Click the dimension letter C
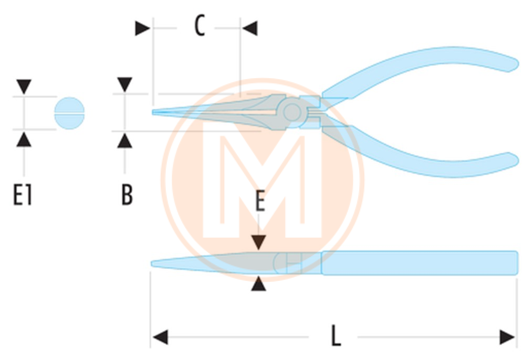pyautogui.click(x=199, y=26)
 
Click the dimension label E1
pyautogui.click(x=23, y=195)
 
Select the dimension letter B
pyautogui.click(x=127, y=195)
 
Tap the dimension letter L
pyautogui.click(x=336, y=335)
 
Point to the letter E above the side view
pyautogui.click(x=260, y=201)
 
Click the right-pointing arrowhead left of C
pyautogui.click(x=143, y=28)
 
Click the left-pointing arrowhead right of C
pyautogui.click(x=250, y=28)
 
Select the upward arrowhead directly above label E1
pyautogui.click(x=24, y=140)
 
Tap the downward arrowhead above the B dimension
pyautogui.click(x=124, y=84)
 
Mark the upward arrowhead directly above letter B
pyautogui.click(x=124, y=141)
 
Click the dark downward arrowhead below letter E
pyautogui.click(x=259, y=242)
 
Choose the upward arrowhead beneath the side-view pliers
pyautogui.click(x=259, y=283)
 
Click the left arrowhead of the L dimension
pyautogui.click(x=160, y=337)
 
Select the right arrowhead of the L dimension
pyautogui.click(x=507, y=337)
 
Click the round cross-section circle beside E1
pyautogui.click(x=69, y=113)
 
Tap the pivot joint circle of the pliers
pyautogui.click(x=292, y=112)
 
